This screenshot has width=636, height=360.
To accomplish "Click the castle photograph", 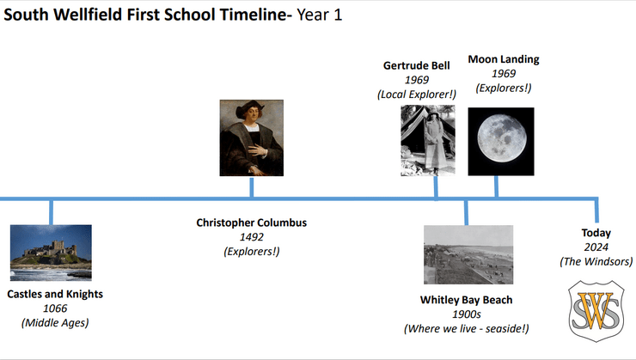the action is (51, 253).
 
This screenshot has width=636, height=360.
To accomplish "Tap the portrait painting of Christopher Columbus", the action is (252, 137).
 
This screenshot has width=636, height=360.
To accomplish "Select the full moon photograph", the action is (501, 142).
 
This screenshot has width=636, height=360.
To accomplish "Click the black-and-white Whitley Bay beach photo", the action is (468, 254).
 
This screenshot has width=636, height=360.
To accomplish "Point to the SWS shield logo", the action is (596, 311).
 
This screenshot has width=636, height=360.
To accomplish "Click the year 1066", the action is (55, 308).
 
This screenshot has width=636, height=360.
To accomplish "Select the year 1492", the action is (252, 237).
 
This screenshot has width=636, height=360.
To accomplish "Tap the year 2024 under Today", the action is (596, 247).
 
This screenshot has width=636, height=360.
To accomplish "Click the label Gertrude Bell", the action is (417, 65).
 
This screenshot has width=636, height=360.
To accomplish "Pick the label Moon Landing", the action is (504, 59).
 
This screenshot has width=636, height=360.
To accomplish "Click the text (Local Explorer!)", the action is (417, 95).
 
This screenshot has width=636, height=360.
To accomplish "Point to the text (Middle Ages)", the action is (55, 323).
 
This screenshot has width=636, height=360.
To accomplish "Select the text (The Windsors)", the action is (596, 261).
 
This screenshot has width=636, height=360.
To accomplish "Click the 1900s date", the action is (467, 314).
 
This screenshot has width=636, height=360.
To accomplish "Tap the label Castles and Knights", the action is (55, 294).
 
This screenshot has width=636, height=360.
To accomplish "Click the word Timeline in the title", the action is (254, 15).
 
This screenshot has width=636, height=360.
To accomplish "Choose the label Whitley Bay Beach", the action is (467, 300).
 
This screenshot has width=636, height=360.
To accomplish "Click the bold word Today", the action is (596, 233).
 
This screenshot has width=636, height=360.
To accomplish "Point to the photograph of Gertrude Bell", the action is (428, 140).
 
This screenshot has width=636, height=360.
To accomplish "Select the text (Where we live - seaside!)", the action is (467, 328).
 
